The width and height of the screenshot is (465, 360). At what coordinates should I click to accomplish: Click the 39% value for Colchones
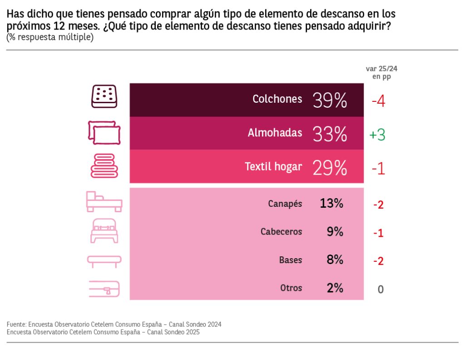pyautogui.click(x=330, y=100)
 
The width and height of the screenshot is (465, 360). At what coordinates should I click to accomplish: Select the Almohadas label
pyautogui.click(x=275, y=133)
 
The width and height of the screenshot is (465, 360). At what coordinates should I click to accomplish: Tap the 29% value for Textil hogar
pyautogui.click(x=330, y=168)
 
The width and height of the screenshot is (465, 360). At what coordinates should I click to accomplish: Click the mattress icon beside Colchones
pyautogui.click(x=104, y=96)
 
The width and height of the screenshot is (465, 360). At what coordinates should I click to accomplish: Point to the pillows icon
pyautogui.click(x=104, y=133)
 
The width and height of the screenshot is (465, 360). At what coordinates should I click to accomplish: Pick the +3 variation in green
pyautogui.click(x=377, y=135)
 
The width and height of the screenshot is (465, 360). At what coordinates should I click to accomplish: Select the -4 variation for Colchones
pyautogui.click(x=378, y=101)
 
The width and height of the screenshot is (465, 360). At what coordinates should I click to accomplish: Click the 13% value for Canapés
pyautogui.click(x=331, y=203)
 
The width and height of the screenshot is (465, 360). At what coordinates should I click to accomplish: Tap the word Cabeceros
pyautogui.click(x=281, y=231)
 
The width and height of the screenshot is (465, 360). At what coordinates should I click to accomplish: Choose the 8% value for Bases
pyautogui.click(x=334, y=260)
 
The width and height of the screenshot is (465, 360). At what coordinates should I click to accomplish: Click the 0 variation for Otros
pyautogui.click(x=381, y=289)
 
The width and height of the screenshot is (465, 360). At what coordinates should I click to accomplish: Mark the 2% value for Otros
pyautogui.click(x=334, y=288)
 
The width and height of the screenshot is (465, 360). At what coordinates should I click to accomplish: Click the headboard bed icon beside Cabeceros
pyautogui.click(x=104, y=231)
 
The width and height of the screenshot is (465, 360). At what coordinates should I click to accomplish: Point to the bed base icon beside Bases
pyautogui.click(x=104, y=260)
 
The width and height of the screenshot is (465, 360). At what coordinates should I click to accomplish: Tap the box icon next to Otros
pyautogui.click(x=104, y=289)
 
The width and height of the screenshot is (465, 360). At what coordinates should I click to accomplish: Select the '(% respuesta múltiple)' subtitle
pyautogui.click(x=50, y=37)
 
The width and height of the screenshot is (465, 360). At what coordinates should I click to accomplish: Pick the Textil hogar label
pyautogui.click(x=273, y=166)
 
